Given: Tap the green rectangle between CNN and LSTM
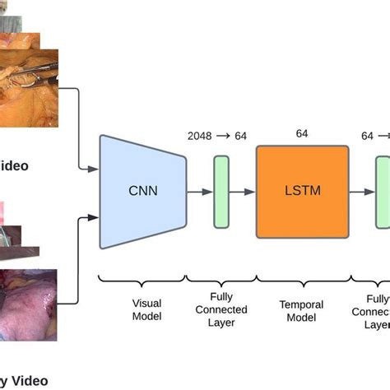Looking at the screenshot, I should click(x=221, y=191).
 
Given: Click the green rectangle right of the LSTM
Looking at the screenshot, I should click(x=383, y=191).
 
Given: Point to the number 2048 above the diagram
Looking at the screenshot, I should click(x=200, y=135).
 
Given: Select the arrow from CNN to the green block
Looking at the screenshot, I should click(x=199, y=191).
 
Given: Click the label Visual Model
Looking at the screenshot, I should click(x=146, y=309).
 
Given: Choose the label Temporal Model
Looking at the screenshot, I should click(x=304, y=309).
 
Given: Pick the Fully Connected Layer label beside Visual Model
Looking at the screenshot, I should click(x=222, y=309).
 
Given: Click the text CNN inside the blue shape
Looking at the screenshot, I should click(x=142, y=192).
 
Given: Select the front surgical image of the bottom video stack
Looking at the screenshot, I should click(x=28, y=303).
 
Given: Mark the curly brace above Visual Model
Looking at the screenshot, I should click(x=141, y=280).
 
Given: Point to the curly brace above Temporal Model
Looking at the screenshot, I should click(x=304, y=280).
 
